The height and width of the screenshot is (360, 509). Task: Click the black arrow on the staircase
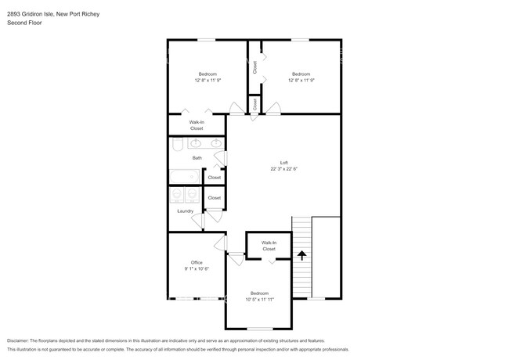click(x=301, y=255)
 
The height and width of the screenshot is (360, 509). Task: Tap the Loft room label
click(x=284, y=162)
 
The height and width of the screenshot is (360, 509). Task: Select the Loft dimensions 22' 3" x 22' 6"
click(x=284, y=168)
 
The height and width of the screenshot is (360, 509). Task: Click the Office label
click(x=197, y=262)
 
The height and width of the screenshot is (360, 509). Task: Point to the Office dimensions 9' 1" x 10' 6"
click(x=197, y=268)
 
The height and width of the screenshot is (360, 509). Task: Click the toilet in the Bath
click(x=177, y=144)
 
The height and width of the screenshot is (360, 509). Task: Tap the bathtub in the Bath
click(x=184, y=177)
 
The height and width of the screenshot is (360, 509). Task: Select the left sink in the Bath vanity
click(x=194, y=143)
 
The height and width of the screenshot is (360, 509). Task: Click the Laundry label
click(x=186, y=211)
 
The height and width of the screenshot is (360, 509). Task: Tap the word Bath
click(x=197, y=158)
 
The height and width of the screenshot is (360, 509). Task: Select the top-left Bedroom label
click(x=207, y=74)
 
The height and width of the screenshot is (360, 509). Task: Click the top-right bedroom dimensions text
click(x=301, y=80)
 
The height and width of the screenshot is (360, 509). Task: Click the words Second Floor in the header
click(x=24, y=23)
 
